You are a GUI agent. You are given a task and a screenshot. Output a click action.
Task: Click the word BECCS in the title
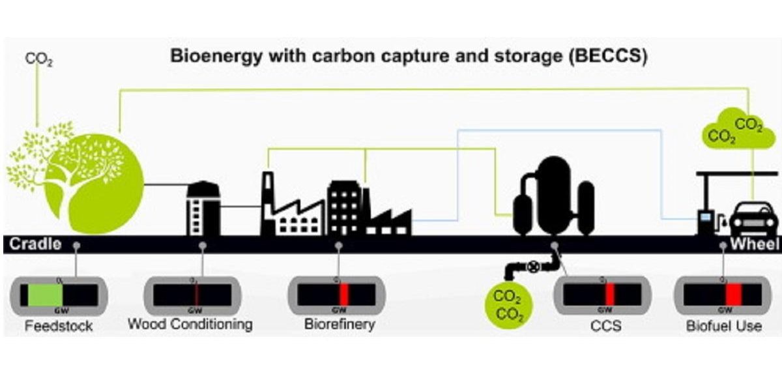coord(607,56)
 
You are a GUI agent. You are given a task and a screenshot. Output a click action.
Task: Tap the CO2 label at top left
coord(38,59)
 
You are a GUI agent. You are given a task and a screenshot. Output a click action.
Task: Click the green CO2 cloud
coord(733,130)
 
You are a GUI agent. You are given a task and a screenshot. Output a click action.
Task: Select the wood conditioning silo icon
coord(203,208)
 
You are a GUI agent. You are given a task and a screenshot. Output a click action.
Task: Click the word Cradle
coord(35,245)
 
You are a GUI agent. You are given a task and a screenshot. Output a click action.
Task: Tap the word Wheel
coord(754,245)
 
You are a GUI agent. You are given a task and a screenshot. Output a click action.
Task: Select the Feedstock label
coord(59,326)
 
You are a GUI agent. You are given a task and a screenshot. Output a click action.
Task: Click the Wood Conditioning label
coord(190,324)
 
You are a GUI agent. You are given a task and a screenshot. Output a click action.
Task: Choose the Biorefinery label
coord(340,324)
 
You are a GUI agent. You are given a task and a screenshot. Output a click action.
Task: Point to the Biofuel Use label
coord(723,326)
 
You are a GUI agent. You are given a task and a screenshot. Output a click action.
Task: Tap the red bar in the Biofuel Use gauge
coord(734,295)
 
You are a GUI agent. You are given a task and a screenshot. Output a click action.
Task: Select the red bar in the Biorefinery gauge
coord(343,295)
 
